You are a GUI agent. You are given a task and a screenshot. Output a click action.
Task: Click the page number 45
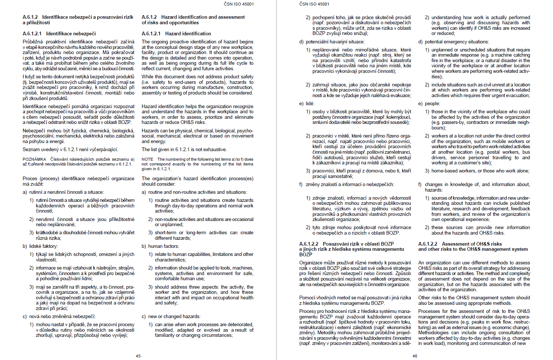138,356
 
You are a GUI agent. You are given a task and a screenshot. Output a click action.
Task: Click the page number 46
415,356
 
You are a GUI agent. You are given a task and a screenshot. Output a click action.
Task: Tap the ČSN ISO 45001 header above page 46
314,4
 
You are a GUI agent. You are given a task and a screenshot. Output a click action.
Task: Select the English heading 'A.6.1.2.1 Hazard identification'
176,33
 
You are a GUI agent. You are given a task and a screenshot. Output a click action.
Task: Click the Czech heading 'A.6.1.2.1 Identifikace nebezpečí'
59,33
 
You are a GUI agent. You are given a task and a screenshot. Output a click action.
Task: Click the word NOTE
147,159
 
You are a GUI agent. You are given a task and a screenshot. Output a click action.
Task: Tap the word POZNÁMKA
34,159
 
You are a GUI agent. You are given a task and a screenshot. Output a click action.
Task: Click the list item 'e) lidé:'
307,104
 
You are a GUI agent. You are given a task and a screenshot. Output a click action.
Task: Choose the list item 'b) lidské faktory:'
40,246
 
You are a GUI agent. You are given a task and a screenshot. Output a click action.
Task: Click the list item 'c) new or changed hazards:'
171,317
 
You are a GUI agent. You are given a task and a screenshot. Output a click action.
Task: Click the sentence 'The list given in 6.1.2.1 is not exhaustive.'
184,150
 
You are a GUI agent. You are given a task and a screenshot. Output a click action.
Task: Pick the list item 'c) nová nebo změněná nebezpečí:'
59,317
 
